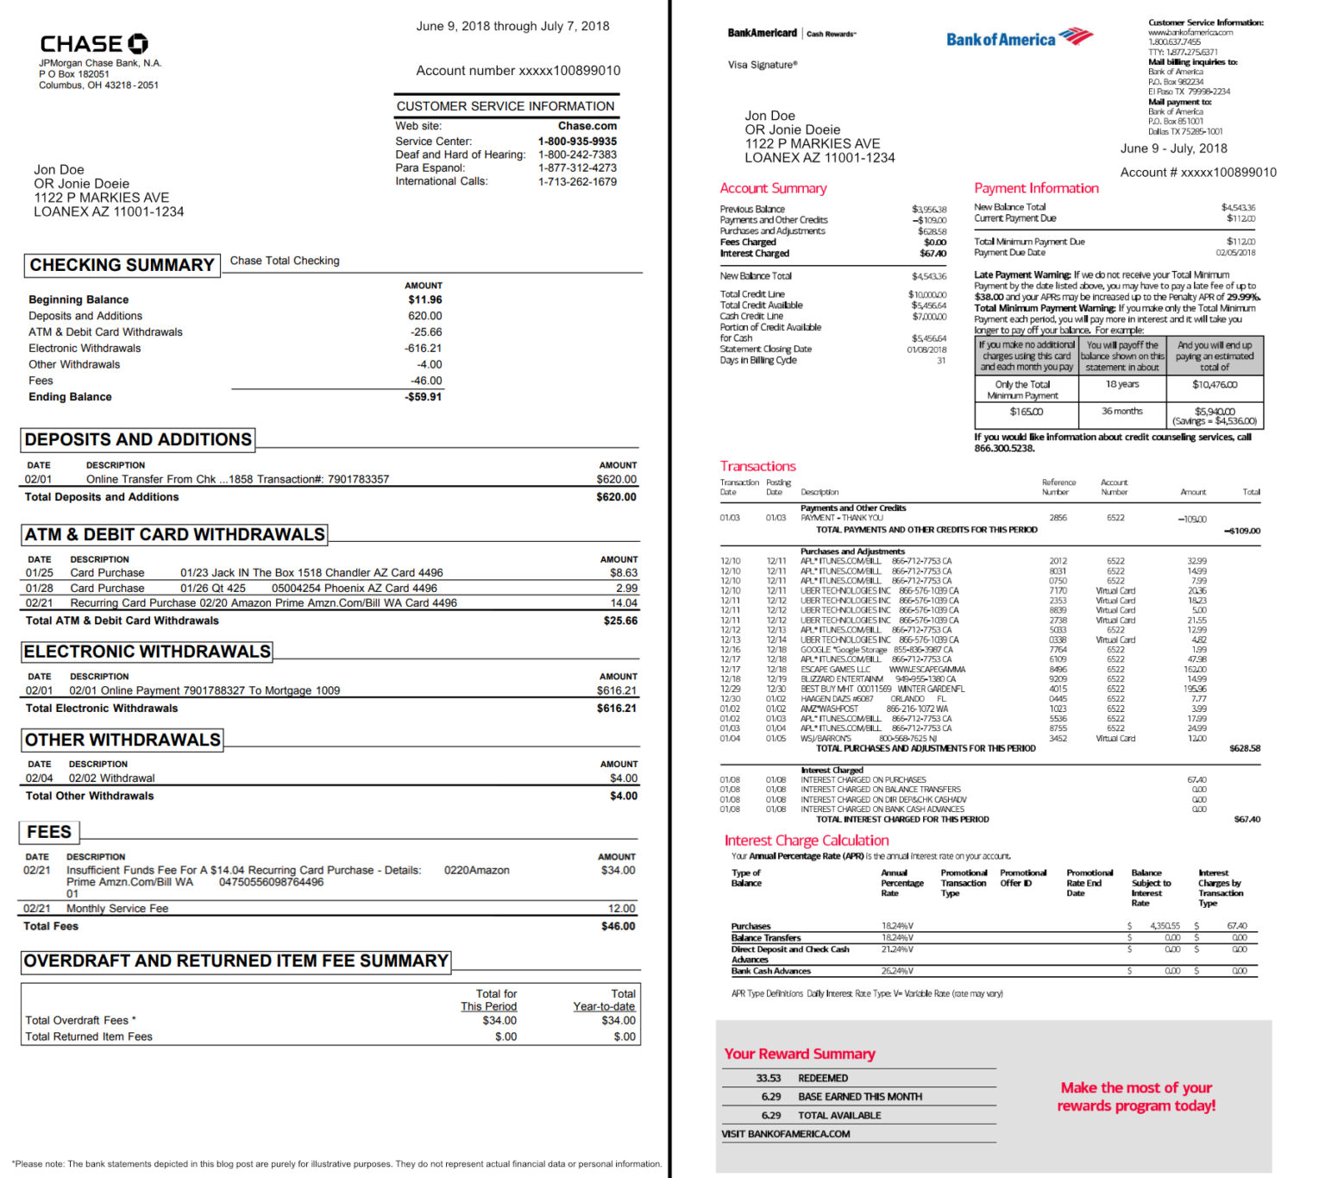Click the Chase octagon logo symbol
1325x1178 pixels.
point(138,44)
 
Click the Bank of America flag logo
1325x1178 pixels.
point(1076,36)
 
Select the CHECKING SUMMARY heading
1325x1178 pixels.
point(122,265)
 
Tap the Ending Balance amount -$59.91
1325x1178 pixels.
point(424,397)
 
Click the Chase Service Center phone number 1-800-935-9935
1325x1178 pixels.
point(577,142)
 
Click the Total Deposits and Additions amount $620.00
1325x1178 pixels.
point(616,497)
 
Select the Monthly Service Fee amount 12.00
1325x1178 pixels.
point(621,908)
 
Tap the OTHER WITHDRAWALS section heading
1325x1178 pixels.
point(122,740)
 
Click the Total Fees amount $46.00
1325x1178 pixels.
point(618,926)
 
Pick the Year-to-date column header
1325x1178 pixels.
point(604,1006)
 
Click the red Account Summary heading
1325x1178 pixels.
point(773,188)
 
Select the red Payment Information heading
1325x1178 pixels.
point(1036,188)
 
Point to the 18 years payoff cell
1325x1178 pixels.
point(1122,384)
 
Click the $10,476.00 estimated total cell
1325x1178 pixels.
point(1215,385)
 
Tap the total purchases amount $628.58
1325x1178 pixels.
point(1244,748)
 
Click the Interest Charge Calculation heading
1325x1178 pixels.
point(807,841)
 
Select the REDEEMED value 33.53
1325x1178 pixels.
point(768,1078)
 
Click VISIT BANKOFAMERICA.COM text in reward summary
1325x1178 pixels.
point(785,1134)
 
